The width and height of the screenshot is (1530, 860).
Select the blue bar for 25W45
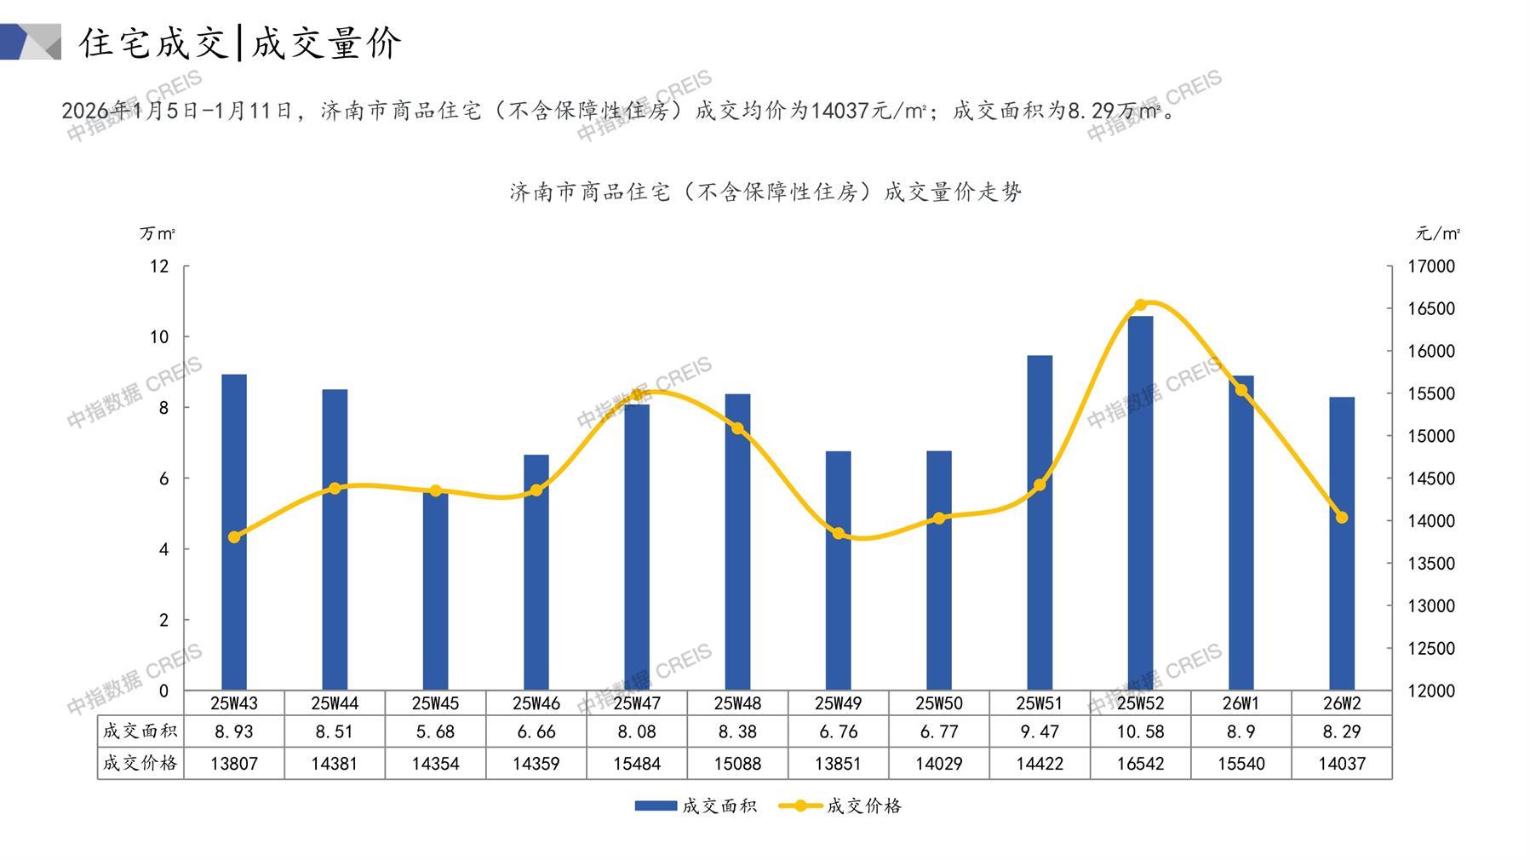pyautogui.click(x=435, y=596)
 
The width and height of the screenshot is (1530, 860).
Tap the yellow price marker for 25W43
pyautogui.click(x=234, y=537)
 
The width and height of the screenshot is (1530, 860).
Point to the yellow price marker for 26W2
pyautogui.click(x=1342, y=518)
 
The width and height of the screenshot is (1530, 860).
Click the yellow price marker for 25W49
pyautogui.click(x=839, y=534)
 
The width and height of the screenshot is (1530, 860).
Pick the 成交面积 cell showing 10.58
pyautogui.click(x=1140, y=731)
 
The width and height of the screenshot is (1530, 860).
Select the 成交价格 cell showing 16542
pyautogui.click(x=1140, y=764)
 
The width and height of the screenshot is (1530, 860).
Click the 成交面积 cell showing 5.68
pyautogui.click(x=435, y=731)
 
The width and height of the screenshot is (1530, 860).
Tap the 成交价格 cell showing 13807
pyautogui.click(x=234, y=764)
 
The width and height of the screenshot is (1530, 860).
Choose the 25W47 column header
pyautogui.click(x=637, y=703)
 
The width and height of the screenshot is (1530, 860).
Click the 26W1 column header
pyautogui.click(x=1241, y=703)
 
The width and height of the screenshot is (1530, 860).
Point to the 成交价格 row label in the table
pyautogui.click(x=140, y=763)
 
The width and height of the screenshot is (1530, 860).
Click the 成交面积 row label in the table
pyautogui.click(x=140, y=731)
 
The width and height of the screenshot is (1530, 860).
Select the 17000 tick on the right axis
pyautogui.click(x=1431, y=267)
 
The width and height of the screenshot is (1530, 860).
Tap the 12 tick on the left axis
pyautogui.click(x=159, y=267)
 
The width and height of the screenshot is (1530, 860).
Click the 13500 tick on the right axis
pyautogui.click(x=1431, y=564)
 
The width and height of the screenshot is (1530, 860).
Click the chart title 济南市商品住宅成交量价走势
pyautogui.click(x=765, y=192)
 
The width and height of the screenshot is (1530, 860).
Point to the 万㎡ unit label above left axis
pyautogui.click(x=158, y=233)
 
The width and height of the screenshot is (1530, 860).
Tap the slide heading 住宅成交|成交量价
pyautogui.click(x=240, y=43)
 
